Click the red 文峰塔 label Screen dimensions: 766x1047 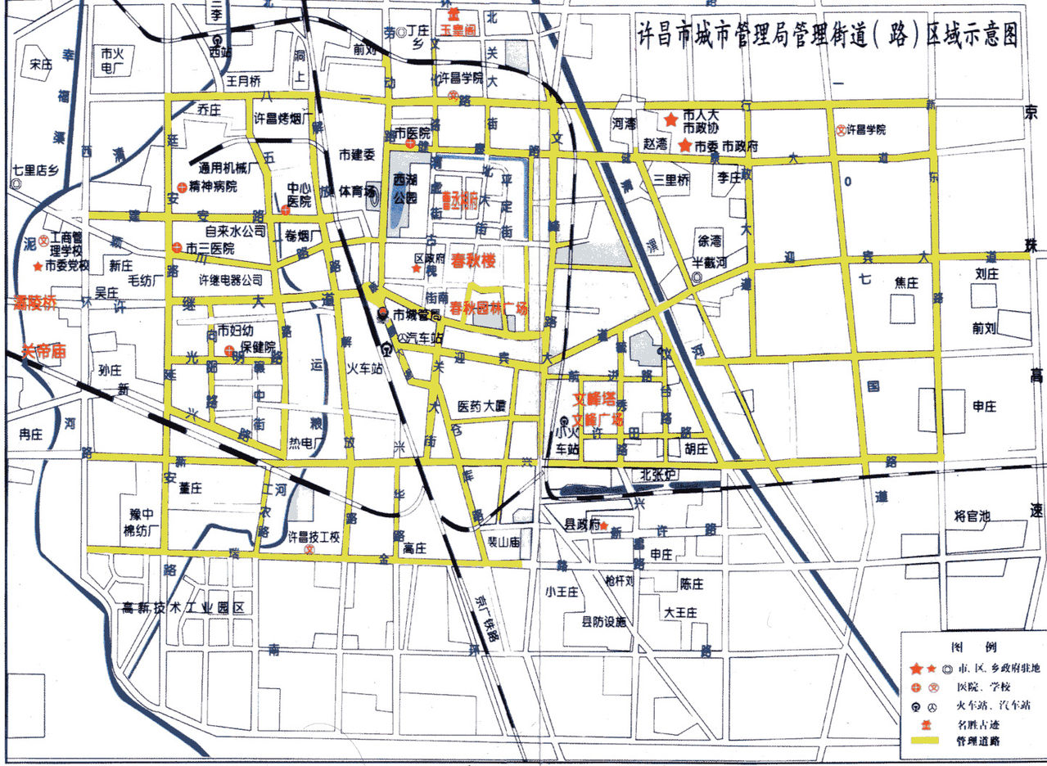pos(593,400)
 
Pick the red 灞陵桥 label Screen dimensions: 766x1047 pos(34,304)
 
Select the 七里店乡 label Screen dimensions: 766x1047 pos(38,171)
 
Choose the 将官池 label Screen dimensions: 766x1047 pos(972,516)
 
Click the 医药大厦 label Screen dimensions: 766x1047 pos(483,406)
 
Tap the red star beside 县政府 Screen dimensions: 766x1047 pos(603,528)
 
